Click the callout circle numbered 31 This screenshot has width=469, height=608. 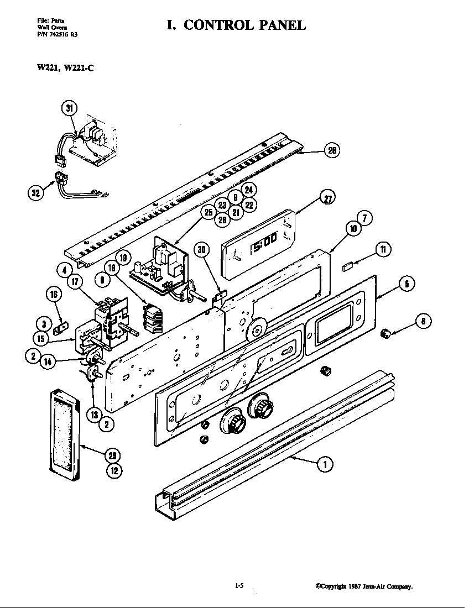pyautogui.click(x=69, y=108)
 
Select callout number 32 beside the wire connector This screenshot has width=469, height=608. pyautogui.click(x=36, y=193)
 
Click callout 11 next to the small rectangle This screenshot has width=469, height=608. pyautogui.click(x=382, y=250)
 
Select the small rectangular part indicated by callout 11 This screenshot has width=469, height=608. pyautogui.click(x=348, y=266)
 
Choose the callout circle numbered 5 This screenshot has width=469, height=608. pyautogui.click(x=407, y=285)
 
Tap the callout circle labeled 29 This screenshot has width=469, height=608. pyautogui.click(x=113, y=455)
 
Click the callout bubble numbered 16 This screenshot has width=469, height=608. pyautogui.click(x=54, y=295)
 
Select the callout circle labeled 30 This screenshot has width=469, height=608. pyautogui.click(x=202, y=250)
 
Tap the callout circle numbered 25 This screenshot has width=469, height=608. pyautogui.click(x=208, y=213)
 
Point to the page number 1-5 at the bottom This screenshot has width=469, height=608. pyautogui.click(x=239, y=586)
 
